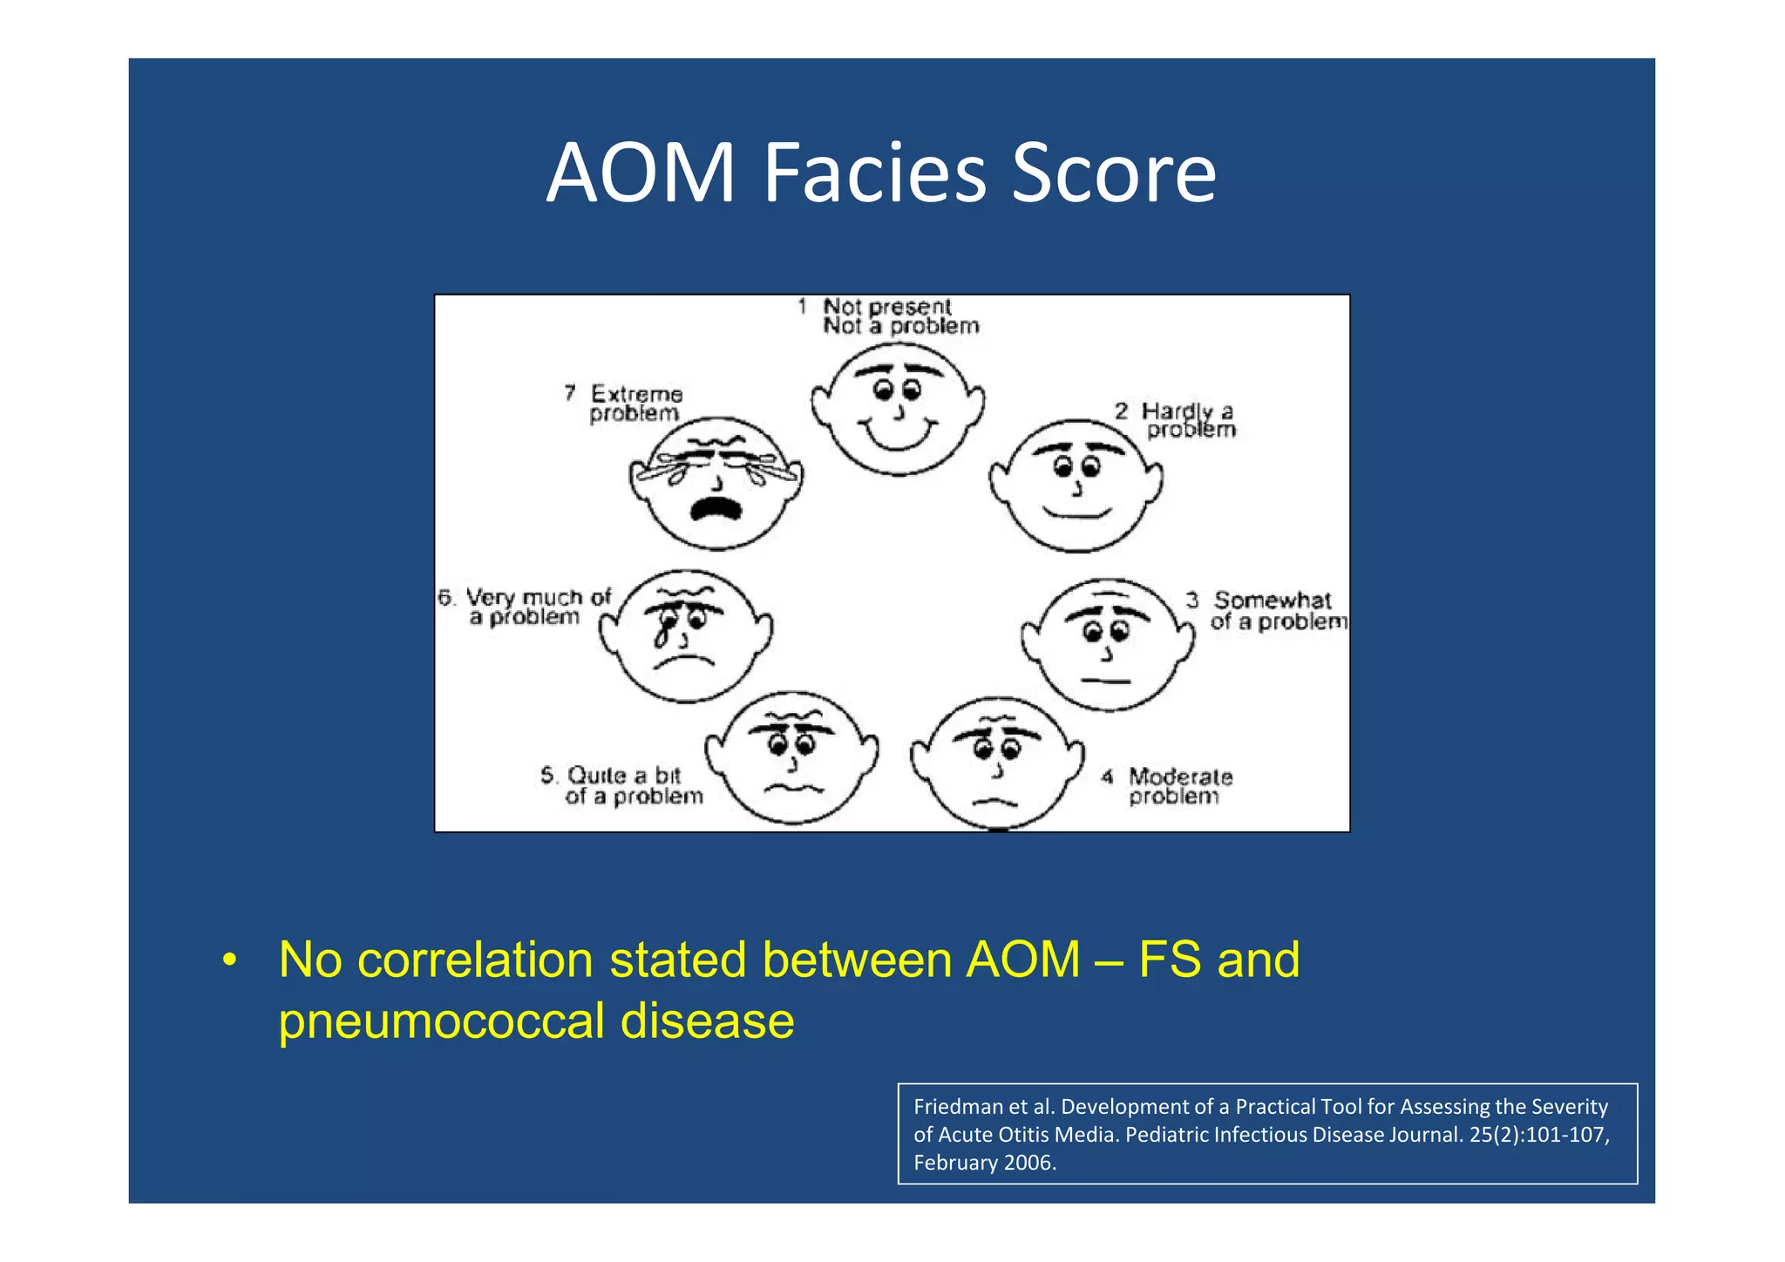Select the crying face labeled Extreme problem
click(x=716, y=483)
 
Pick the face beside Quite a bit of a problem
click(x=791, y=757)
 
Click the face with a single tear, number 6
click(x=686, y=635)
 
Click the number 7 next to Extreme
click(x=570, y=393)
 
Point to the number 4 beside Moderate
click(x=1107, y=776)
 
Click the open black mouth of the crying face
click(x=716, y=507)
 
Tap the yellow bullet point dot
click(x=228, y=960)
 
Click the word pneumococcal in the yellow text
click(x=441, y=1021)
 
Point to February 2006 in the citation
click(x=984, y=1163)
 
